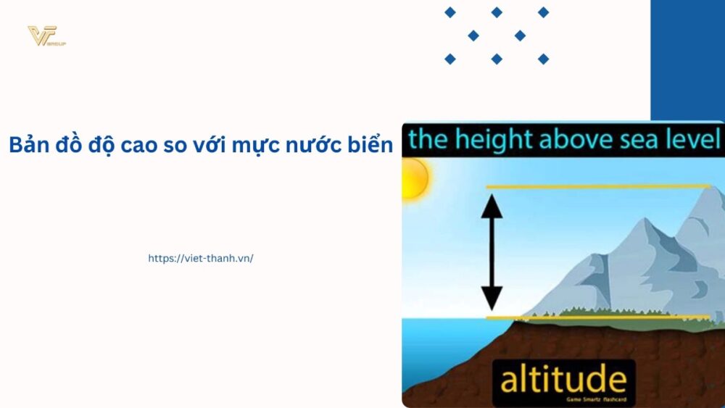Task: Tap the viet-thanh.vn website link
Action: (x=201, y=258)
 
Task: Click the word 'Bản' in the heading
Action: (x=27, y=145)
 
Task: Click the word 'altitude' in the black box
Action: (x=563, y=379)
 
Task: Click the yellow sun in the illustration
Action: (x=415, y=178)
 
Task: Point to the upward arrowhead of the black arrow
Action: (x=492, y=207)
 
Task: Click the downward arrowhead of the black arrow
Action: (x=492, y=297)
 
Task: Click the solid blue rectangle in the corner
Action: (x=687, y=58)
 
